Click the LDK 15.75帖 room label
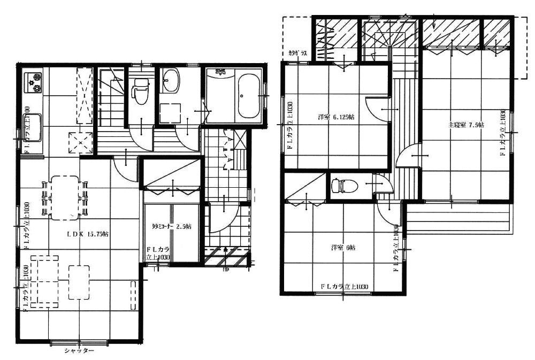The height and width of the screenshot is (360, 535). pos(88,234)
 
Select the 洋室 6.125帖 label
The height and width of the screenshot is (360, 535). pos(335,117)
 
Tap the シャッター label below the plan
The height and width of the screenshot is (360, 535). pos(79,351)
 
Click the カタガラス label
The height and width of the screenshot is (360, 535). pos(297,53)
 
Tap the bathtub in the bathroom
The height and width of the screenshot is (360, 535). pos(248,96)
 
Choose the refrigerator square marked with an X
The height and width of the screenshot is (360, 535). pos(81,142)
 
